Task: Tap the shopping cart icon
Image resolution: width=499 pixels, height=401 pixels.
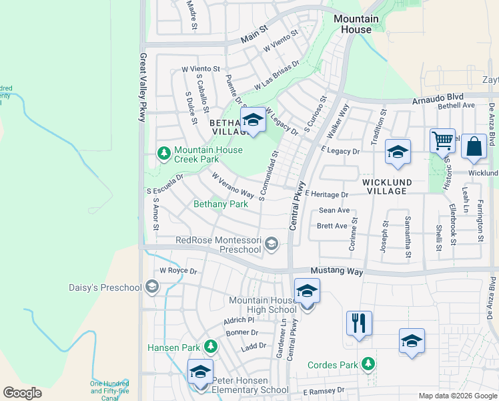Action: (442, 142)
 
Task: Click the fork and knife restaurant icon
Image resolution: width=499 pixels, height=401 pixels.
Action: (359, 323)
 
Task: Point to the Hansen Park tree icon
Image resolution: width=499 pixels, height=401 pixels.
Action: (211, 346)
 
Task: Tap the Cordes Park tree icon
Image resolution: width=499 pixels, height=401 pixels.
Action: (367, 364)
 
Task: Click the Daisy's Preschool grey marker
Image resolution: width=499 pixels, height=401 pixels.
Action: (152, 288)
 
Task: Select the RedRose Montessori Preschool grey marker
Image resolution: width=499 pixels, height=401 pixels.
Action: (272, 245)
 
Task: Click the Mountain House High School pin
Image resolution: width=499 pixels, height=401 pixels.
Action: (307, 292)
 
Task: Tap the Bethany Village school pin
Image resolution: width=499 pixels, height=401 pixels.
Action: (252, 120)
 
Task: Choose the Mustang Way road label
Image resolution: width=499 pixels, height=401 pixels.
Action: (337, 272)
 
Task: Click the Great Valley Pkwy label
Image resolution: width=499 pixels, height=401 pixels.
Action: (142, 87)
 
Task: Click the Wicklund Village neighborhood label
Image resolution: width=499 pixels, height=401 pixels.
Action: (394, 186)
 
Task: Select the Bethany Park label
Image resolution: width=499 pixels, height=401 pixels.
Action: (221, 204)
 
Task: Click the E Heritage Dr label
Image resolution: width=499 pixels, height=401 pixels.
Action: (327, 194)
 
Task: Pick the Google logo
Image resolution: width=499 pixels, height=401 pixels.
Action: (23, 392)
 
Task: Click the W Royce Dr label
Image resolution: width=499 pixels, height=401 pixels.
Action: (178, 271)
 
